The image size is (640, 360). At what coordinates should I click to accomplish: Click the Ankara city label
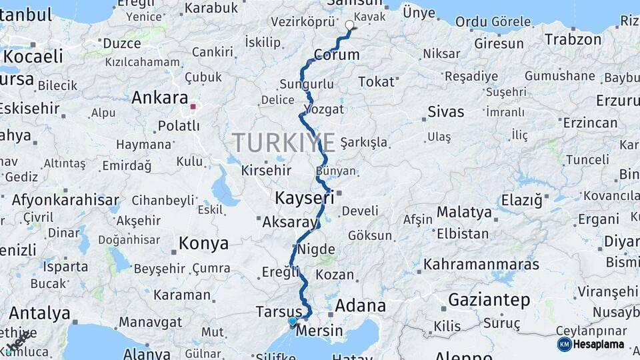click(159, 98)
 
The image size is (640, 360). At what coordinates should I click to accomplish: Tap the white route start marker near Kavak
click(350, 25)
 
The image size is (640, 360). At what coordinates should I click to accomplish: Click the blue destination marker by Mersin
click(292, 321)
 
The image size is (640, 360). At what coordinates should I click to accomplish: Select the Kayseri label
click(304, 198)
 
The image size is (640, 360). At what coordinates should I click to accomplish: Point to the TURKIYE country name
click(283, 142)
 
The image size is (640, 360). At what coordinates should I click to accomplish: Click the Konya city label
click(203, 243)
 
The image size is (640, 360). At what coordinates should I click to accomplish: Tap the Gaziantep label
click(489, 300)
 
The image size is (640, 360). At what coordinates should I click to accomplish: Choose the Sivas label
click(445, 111)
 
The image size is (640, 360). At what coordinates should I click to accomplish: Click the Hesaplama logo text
click(598, 344)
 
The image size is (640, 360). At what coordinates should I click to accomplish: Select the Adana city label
click(360, 306)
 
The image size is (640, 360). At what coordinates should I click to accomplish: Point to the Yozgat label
click(323, 109)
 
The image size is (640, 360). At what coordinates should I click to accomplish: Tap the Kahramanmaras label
click(481, 264)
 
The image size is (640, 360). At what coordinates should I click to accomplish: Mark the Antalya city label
click(39, 313)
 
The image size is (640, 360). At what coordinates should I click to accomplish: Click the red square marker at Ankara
click(193, 106)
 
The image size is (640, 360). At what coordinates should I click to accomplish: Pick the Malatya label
click(464, 213)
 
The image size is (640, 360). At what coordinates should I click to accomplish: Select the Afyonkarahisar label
click(65, 199)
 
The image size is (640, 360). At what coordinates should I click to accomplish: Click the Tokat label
click(376, 81)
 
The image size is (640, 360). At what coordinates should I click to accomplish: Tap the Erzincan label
click(590, 123)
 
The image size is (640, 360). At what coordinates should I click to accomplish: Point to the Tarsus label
click(279, 311)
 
